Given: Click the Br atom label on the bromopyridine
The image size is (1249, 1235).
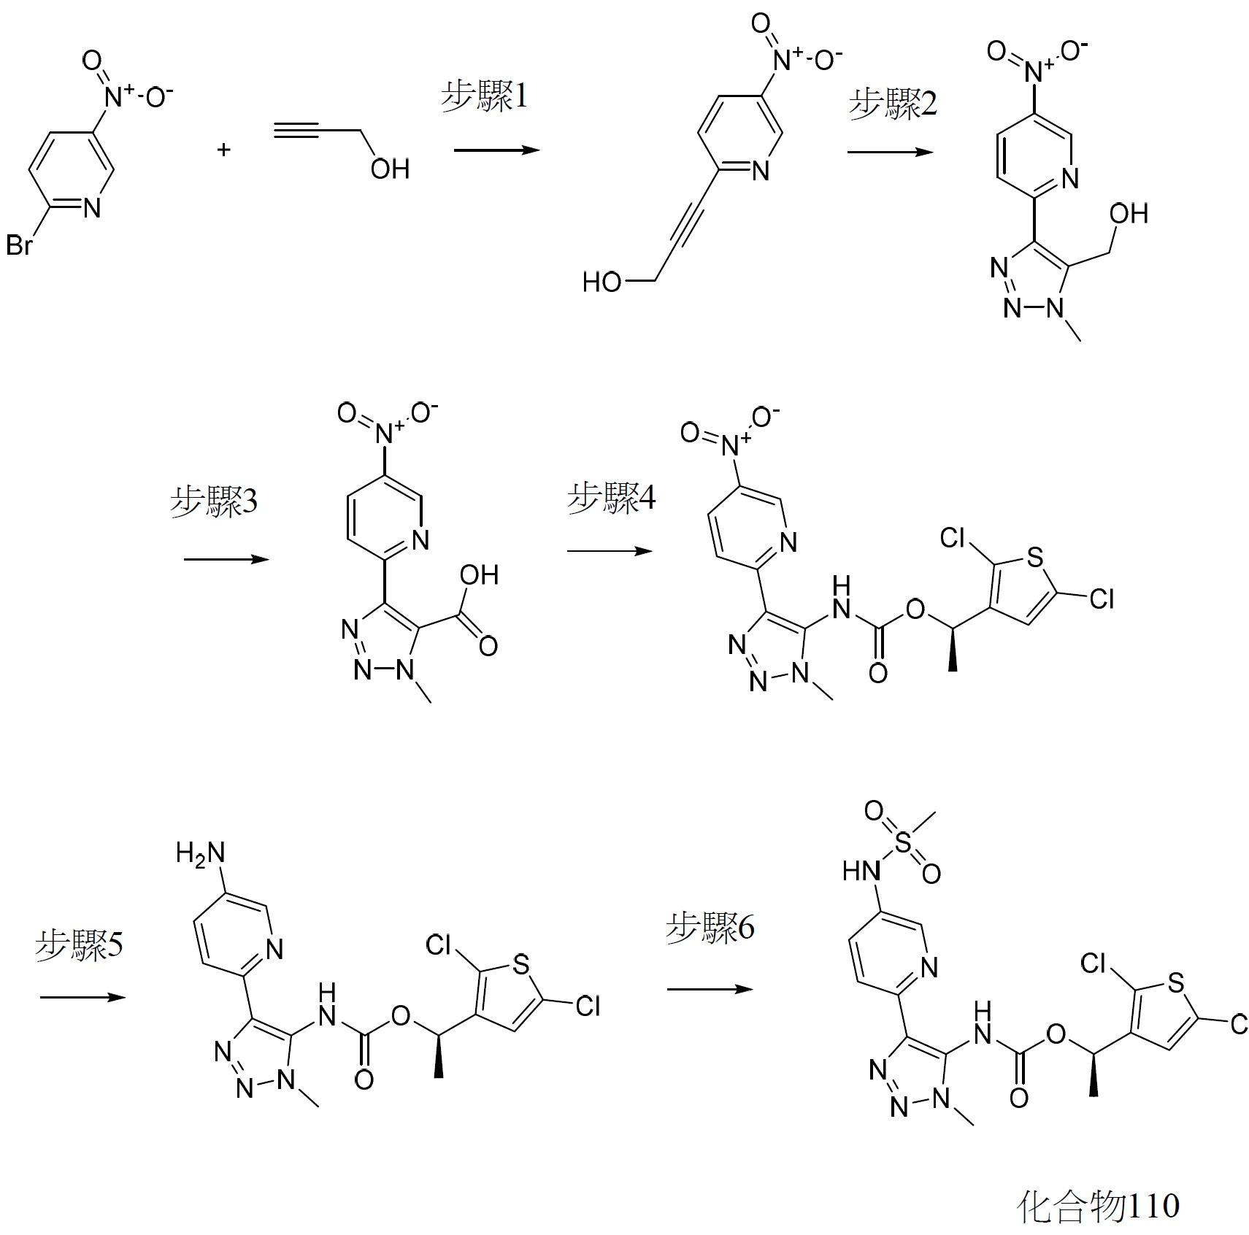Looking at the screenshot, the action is (x=20, y=245).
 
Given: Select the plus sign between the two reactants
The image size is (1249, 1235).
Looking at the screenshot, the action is (x=224, y=150).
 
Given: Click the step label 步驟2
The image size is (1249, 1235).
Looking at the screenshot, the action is (x=893, y=104).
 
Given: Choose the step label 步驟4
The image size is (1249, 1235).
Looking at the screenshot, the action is (x=612, y=498).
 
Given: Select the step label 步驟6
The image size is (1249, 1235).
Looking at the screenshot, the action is (x=710, y=927).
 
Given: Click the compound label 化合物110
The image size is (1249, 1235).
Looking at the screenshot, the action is (x=1099, y=1205).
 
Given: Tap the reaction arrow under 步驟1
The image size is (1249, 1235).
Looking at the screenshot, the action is (x=497, y=150).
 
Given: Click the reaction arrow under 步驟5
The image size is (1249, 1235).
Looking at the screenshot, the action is (x=83, y=997).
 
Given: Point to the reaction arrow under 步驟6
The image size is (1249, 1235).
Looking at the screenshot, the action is (x=710, y=989).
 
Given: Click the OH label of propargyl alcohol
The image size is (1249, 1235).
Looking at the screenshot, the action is (x=391, y=169).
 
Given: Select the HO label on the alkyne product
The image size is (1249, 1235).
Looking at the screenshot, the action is (x=602, y=282).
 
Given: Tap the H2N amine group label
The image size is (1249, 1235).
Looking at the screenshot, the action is (x=200, y=853).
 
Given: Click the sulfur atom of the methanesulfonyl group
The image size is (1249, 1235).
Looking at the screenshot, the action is (x=903, y=842).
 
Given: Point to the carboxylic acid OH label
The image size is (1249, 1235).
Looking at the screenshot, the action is (x=480, y=575).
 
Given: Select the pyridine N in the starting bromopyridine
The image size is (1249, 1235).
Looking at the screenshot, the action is (x=92, y=208).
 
